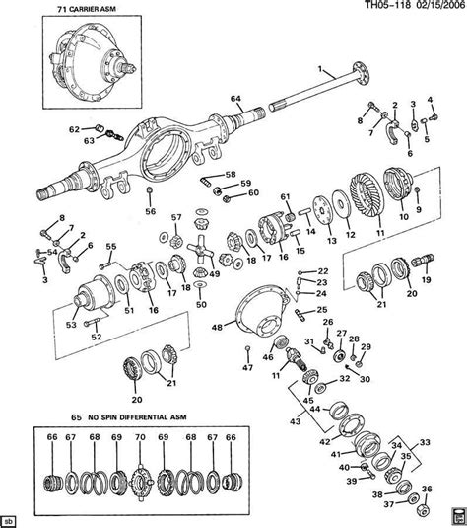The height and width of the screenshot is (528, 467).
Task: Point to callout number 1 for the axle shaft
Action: pos(320,68)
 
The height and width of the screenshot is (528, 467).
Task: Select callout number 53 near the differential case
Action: pos(70,322)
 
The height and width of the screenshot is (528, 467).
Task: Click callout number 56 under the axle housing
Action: pos(149,210)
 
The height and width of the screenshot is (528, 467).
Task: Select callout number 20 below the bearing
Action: pos(136,400)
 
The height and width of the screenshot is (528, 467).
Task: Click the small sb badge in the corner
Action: pos(9,518)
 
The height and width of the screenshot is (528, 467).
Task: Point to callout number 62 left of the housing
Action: pos(73,129)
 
